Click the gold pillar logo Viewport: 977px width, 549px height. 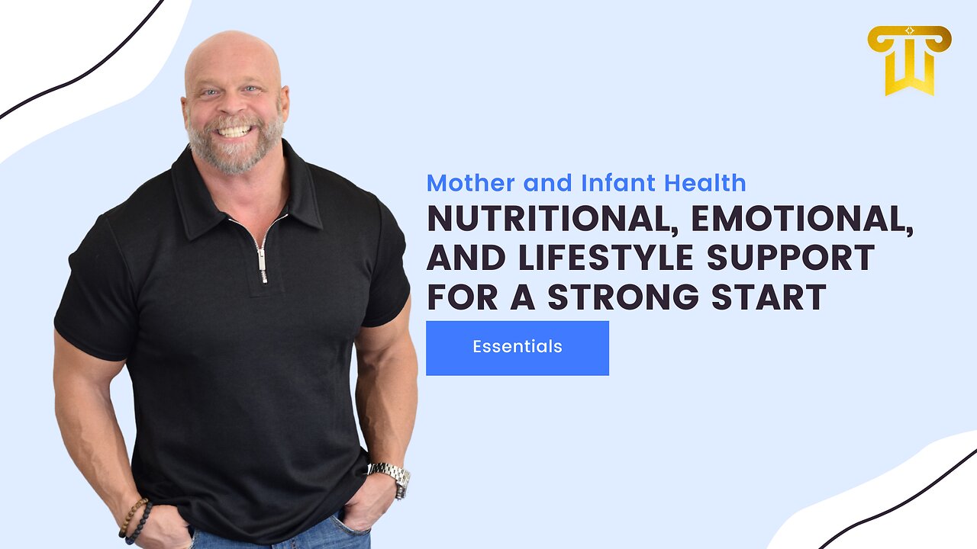[909, 60]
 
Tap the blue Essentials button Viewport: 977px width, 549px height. [518, 348]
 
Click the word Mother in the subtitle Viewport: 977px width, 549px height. [471, 183]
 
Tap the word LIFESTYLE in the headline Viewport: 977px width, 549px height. [606, 258]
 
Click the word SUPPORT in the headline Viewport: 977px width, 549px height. [791, 258]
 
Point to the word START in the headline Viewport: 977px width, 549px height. [769, 297]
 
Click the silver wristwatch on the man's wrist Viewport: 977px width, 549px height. [390, 478]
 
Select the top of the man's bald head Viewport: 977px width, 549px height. [233, 41]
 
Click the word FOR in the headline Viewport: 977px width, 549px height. [463, 297]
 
